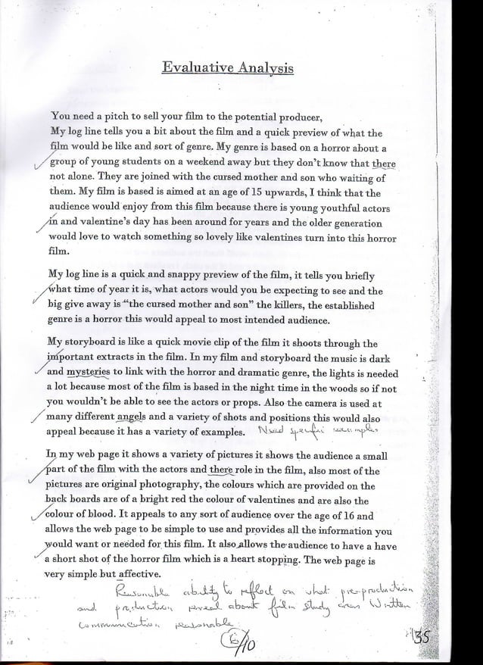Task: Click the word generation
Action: pos(347,223)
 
